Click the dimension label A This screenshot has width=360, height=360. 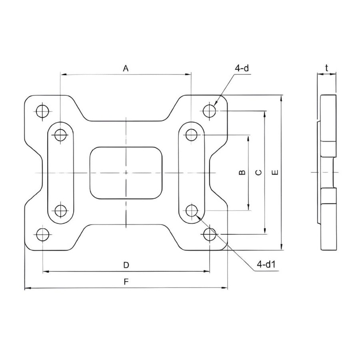click(126, 68)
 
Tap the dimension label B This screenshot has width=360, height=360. click(242, 172)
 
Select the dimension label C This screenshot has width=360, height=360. click(258, 172)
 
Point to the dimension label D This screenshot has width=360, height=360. click(126, 265)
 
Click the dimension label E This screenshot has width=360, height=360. click(275, 172)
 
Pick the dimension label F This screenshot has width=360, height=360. click(126, 282)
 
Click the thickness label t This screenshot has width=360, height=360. click(327, 68)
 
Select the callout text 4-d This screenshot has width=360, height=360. click(242, 68)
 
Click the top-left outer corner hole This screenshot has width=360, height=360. click(42, 111)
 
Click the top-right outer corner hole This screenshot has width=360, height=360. click(209, 110)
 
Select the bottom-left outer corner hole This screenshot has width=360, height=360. click(42, 235)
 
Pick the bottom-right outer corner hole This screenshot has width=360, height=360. click(209, 234)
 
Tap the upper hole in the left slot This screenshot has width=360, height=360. click(60, 135)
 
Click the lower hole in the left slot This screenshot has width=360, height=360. click(60, 210)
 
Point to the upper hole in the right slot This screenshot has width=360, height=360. click(191, 135)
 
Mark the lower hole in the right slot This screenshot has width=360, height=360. click(192, 210)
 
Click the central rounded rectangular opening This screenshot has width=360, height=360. click(126, 172)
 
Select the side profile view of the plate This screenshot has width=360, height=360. click(328, 172)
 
